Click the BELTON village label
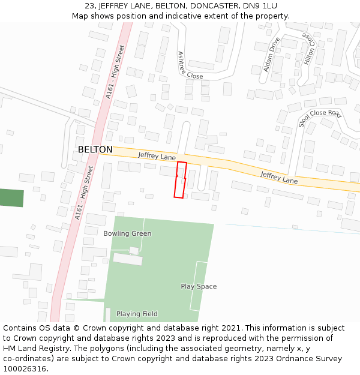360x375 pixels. tap(95, 149)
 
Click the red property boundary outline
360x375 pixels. tap(180, 179)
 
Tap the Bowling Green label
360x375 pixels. tap(127, 233)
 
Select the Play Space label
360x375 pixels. tap(199, 286)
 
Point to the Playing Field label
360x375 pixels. tap(137, 314)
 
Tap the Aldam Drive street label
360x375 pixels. tap(272, 55)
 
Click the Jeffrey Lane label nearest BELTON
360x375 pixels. tap(157, 156)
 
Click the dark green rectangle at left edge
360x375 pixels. tap(11, 198)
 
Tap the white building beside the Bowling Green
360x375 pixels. tap(128, 259)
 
